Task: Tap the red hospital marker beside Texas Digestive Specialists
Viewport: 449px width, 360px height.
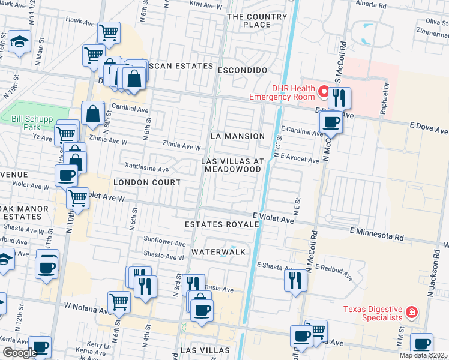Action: pos(411,312)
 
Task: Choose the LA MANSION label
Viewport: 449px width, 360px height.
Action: pos(238,136)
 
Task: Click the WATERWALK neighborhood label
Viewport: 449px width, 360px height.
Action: pos(218,252)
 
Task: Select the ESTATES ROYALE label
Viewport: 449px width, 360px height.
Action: pos(221,224)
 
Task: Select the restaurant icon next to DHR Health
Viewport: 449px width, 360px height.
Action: pos(339,97)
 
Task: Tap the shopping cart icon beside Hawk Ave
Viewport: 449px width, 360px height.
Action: pos(108,32)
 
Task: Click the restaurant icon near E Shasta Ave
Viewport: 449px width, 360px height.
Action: pos(295,280)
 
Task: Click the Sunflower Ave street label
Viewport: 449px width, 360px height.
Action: pos(164,243)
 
